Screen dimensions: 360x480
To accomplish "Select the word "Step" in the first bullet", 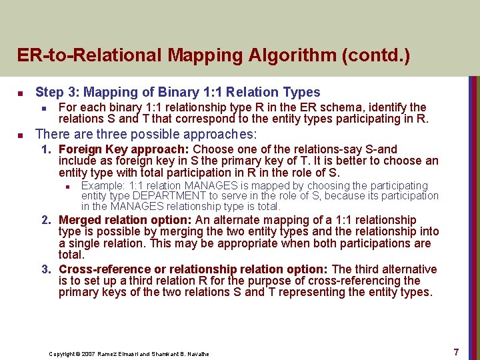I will click(x=49, y=93).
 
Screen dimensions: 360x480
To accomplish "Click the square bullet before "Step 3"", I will click(x=21, y=93).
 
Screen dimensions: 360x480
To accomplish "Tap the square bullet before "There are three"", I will click(x=21, y=135).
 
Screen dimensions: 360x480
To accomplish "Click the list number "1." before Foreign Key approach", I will click(x=47, y=150).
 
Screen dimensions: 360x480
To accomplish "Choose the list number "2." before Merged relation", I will click(x=47, y=220).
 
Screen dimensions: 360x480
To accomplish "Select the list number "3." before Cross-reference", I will click(x=47, y=269).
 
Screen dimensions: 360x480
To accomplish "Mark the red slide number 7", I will click(x=456, y=351).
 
